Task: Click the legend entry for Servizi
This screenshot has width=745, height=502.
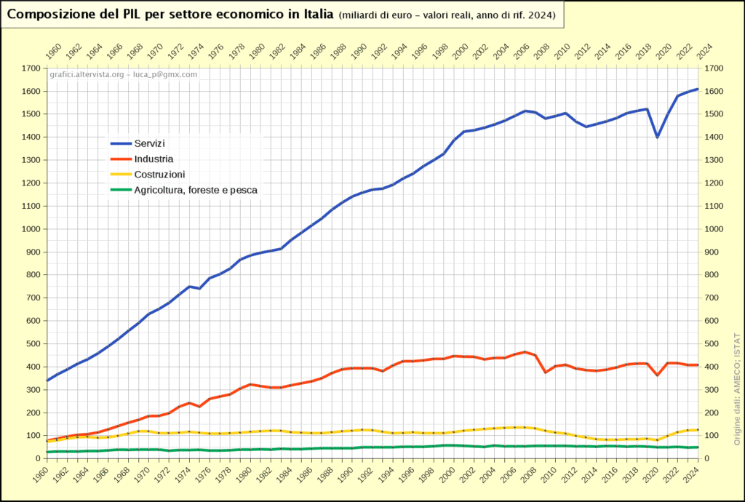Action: coord(149,143)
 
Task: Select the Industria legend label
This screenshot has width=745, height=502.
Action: coord(154,159)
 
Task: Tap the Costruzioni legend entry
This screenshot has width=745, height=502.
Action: coord(159,175)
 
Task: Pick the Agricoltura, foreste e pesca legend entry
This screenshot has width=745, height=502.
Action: coord(196,190)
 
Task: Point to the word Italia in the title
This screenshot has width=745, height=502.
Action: coord(317,15)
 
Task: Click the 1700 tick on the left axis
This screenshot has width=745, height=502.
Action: coord(31,68)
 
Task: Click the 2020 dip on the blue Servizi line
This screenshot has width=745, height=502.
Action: coord(658,137)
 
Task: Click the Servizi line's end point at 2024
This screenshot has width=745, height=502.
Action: coord(698,89)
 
